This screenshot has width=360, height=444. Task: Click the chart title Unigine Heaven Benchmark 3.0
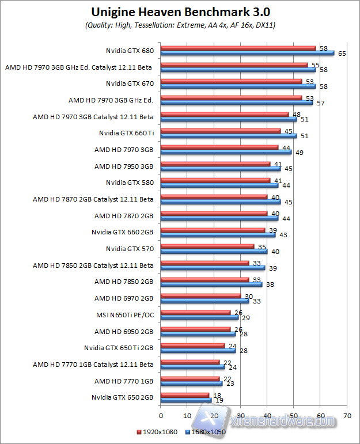[x=180, y=12]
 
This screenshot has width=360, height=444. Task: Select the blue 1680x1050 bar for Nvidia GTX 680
[x=248, y=54]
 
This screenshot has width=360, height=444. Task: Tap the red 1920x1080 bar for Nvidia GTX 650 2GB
[x=185, y=395]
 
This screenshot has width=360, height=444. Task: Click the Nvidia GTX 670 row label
[x=130, y=84]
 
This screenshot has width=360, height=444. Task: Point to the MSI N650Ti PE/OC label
[x=125, y=315]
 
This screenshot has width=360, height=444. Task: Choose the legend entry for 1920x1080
[x=157, y=432]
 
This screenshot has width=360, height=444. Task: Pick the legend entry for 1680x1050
[x=205, y=432]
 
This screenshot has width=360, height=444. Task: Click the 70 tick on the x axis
[x=347, y=415]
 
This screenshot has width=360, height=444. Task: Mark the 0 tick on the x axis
[x=161, y=415]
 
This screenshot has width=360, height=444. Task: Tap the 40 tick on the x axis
[x=267, y=415]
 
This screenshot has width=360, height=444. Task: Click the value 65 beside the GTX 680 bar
[x=342, y=53]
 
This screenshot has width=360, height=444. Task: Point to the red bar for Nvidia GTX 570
[x=207, y=246]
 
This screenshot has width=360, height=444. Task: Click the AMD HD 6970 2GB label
[x=124, y=298]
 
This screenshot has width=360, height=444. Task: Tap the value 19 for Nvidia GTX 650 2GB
[x=219, y=400]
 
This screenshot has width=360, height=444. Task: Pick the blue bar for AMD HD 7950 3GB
[x=221, y=169]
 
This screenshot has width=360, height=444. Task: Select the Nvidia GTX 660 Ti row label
[x=126, y=133]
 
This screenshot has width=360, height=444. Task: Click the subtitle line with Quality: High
[x=180, y=25]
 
